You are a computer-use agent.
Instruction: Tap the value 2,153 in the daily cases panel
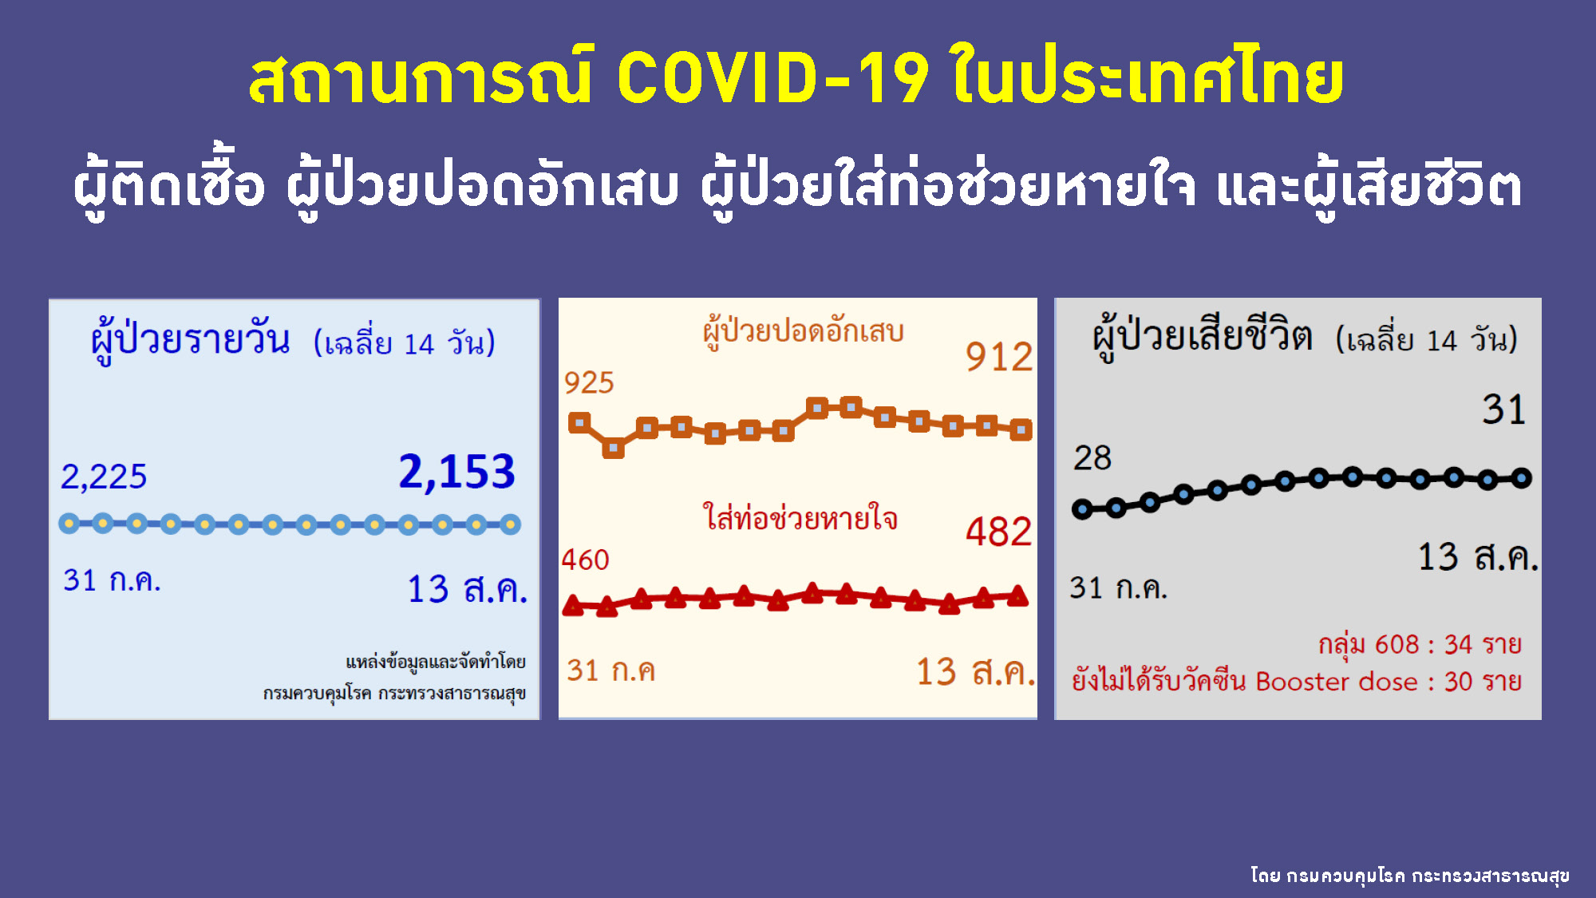[456, 472]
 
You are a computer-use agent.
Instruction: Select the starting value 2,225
[104, 477]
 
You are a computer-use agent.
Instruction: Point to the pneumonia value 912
[999, 357]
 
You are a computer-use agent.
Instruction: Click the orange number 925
[589, 383]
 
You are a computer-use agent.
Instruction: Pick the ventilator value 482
[999, 532]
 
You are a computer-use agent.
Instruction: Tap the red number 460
[585, 560]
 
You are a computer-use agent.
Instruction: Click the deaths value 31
[1503, 409]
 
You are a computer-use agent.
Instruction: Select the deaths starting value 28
[1092, 458]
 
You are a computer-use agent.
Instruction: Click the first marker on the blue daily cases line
[69, 524]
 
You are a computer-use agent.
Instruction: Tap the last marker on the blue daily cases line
[511, 524]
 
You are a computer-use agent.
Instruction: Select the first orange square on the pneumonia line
[579, 422]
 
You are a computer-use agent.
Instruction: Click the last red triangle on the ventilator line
[1017, 595]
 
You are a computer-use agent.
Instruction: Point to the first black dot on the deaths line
[1082, 508]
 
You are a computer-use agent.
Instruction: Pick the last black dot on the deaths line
[1522, 478]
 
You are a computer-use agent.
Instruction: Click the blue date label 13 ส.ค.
[468, 589]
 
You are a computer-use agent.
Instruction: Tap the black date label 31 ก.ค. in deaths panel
[1118, 588]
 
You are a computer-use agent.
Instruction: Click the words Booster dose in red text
[1337, 682]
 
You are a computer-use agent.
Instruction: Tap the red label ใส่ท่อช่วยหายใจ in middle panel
[800, 519]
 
